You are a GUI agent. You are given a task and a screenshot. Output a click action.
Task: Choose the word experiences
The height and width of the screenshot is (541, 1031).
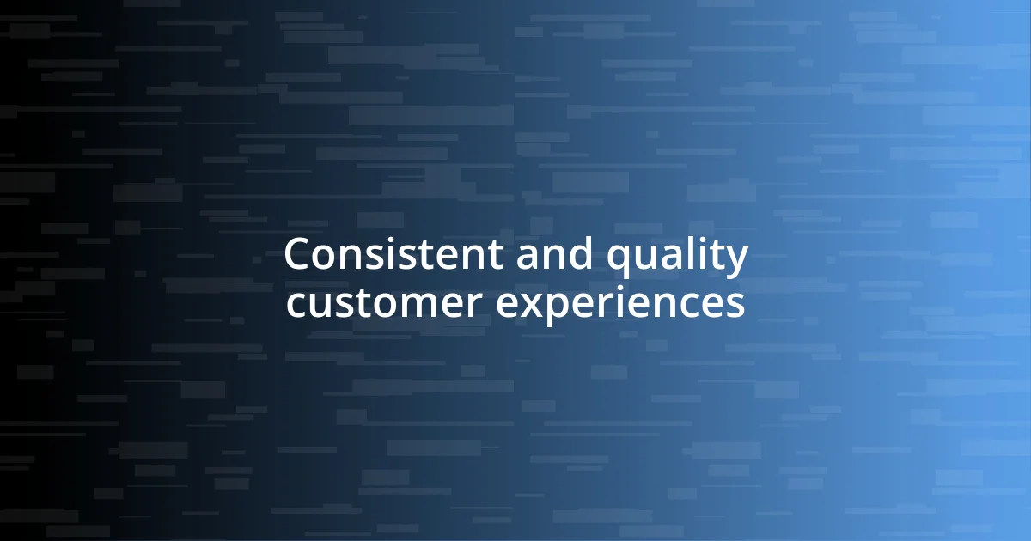coord(621,306)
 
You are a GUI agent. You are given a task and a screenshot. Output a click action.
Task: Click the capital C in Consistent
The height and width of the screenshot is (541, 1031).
coord(297,255)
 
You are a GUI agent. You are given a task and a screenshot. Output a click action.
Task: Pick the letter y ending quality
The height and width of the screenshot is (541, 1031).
coord(737,261)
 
